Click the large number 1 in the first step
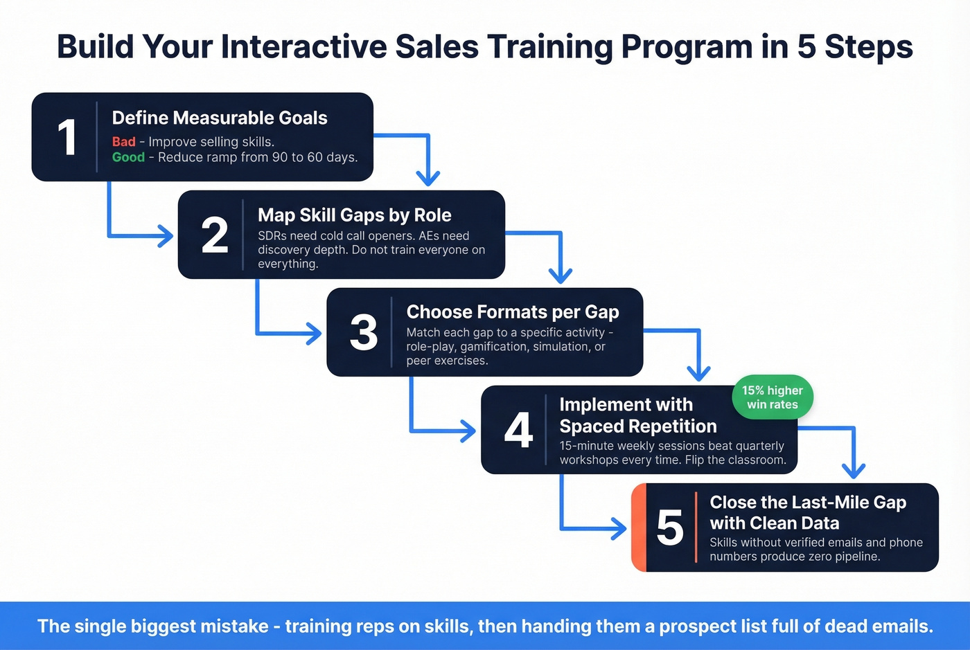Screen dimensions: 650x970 tap(67, 137)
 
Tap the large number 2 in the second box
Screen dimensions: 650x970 tap(214, 235)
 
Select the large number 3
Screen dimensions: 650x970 tap(363, 332)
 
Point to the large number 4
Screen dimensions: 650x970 tap(518, 430)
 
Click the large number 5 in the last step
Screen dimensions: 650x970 tap(669, 527)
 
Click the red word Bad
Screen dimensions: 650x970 tap(124, 142)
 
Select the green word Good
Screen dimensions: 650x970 tap(128, 157)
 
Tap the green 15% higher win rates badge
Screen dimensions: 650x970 tap(772, 398)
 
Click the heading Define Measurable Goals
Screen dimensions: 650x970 tap(220, 118)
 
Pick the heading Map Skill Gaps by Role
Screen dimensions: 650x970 tap(354, 215)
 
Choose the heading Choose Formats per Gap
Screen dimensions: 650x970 tap(512, 312)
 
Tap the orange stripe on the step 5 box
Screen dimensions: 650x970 tap(639, 527)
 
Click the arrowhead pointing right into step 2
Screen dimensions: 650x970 tap(166, 236)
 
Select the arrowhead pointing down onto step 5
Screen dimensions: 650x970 tap(854, 471)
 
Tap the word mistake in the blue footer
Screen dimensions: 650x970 tap(233, 626)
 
